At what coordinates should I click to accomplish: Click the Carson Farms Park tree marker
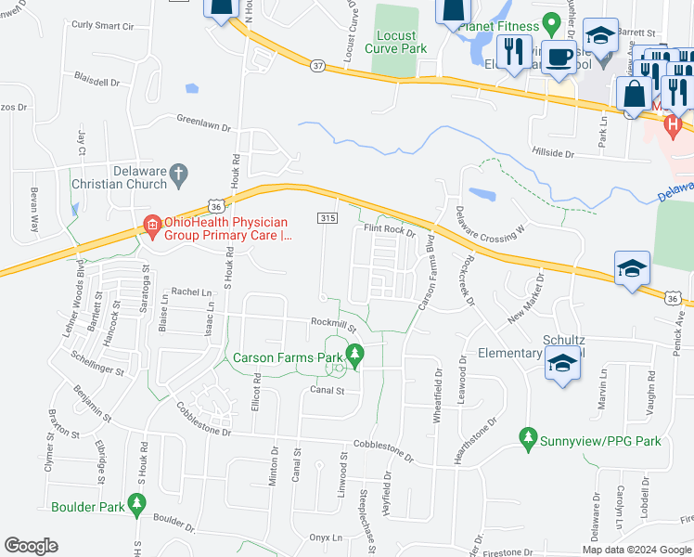coord(353,354)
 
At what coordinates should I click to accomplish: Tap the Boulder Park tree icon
coord(137,504)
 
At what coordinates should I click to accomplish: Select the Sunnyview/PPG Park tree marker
coord(529,436)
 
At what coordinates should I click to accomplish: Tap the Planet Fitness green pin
coord(549,20)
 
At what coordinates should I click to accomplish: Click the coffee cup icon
coord(559,56)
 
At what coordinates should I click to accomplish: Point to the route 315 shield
coord(326,217)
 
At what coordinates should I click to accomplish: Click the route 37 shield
coord(318,65)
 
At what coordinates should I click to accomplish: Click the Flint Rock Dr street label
coord(389,229)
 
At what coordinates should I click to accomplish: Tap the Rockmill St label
coord(334,325)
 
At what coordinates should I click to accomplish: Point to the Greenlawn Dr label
coord(203,121)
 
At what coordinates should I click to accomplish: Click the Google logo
coord(31,546)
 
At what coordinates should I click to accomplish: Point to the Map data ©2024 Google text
coord(636,550)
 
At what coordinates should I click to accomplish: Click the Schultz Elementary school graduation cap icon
coord(562,364)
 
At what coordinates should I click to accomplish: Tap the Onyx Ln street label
coord(327,538)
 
